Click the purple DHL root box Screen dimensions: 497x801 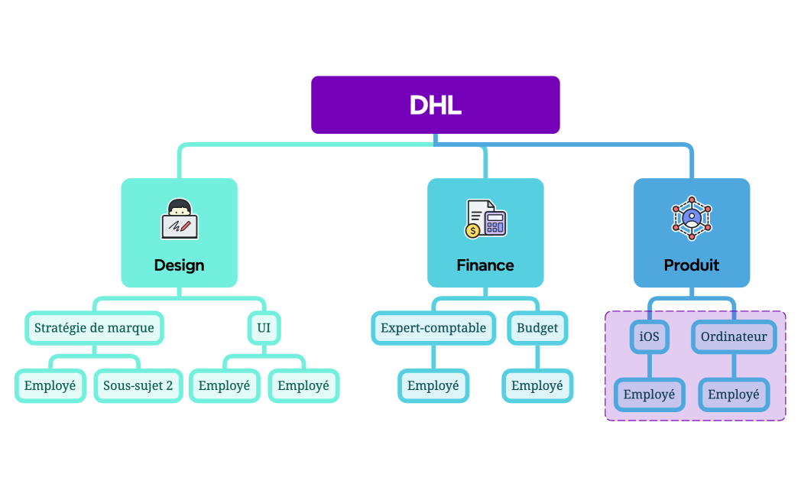click(435, 105)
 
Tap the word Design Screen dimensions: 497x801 click(179, 265)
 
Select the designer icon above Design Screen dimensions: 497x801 click(180, 219)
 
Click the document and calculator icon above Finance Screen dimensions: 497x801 click(485, 219)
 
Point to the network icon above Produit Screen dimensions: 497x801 click(692, 218)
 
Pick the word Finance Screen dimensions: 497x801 click(485, 265)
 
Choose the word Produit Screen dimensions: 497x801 click(692, 265)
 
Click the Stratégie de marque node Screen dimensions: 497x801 click(94, 328)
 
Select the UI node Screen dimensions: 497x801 click(264, 328)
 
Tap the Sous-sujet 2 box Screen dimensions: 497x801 click(138, 385)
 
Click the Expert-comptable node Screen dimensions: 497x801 click(433, 328)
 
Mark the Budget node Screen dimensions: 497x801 click(537, 328)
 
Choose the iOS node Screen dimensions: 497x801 click(649, 336)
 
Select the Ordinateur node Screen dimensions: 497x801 click(734, 336)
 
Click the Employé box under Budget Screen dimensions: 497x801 click(537, 385)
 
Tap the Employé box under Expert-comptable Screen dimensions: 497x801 click(433, 385)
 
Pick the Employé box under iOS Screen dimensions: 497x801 click(649, 395)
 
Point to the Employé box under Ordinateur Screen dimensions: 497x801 click(734, 395)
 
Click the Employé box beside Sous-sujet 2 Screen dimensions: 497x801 click(50, 385)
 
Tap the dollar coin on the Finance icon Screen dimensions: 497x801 click(473, 229)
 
